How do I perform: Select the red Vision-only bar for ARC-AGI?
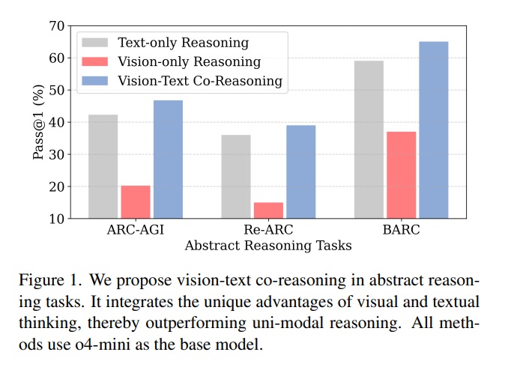[x=136, y=201]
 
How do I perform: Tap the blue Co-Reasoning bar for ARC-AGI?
[x=168, y=159]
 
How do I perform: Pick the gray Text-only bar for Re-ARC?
[x=236, y=176]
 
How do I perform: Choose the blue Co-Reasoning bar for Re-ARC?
[x=300, y=172]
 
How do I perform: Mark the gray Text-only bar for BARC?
[x=369, y=139]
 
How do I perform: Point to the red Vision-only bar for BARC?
[x=401, y=175]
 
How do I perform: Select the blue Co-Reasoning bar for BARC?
[x=433, y=130]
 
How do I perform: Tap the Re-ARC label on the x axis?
[x=268, y=231]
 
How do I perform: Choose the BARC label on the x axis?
[x=401, y=231]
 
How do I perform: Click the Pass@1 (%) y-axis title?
[x=38, y=122]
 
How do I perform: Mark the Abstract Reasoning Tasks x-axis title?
[x=268, y=245]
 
